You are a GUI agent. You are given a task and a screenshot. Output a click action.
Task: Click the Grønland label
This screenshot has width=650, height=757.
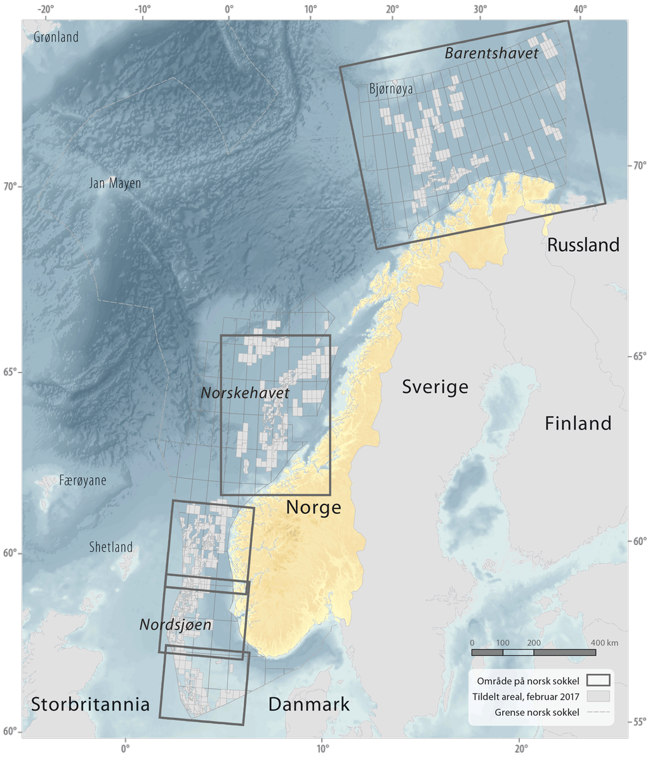pos(56,37)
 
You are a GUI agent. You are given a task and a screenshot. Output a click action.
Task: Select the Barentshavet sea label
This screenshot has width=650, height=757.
pos(491,53)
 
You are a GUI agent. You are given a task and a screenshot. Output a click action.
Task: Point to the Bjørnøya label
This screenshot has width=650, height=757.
pos(391,89)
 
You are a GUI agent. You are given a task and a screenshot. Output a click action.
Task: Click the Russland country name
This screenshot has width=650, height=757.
pos(583,245)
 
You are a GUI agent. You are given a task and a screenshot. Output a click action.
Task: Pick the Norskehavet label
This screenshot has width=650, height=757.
pos(245,393)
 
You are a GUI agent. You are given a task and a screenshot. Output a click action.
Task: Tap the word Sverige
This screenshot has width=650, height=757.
pos(435,386)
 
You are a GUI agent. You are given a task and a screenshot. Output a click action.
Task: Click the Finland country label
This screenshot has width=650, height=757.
pos(578,423)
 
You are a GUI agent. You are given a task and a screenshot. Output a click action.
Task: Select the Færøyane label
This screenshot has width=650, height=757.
pos(83,480)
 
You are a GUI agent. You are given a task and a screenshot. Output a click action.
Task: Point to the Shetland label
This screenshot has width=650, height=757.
pos(111,547)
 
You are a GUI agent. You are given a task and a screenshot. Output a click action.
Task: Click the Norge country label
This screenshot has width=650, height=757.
pos(314,508)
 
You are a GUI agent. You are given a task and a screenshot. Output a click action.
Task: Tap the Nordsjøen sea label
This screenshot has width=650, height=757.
pos(175,625)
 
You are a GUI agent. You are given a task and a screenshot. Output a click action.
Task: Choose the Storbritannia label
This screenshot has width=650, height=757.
pos(90,704)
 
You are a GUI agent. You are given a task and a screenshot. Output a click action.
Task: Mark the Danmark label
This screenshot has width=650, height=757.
pos(308,704)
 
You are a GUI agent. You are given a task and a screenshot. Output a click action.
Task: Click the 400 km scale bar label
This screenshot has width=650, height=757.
pos(603,643)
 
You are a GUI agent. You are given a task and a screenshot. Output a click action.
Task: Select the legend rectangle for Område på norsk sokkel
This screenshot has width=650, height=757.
pos(598,681)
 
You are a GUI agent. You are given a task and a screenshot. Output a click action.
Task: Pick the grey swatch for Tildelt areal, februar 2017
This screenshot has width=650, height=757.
pos(598,696)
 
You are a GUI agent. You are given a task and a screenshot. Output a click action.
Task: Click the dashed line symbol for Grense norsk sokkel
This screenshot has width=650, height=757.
pos(598,712)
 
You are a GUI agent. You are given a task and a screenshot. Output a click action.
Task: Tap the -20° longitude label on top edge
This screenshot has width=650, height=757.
pos(44,9)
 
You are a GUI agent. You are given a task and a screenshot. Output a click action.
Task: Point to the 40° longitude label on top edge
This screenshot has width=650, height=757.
pos(580,9)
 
